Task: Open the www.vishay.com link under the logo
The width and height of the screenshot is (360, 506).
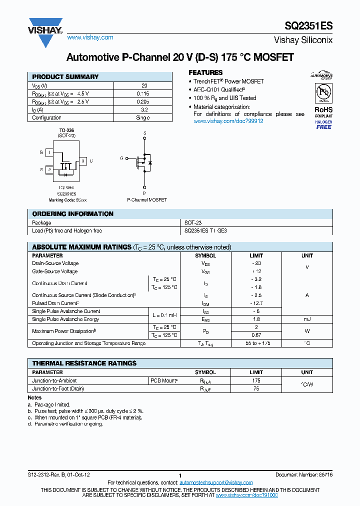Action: pyautogui.click(x=90, y=37)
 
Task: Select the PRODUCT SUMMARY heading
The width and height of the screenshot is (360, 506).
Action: pyautogui.click(x=65, y=77)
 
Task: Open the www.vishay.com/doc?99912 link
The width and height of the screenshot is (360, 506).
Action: pyautogui.click(x=228, y=121)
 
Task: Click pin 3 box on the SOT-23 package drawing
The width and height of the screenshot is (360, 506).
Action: pyautogui.click(x=83, y=161)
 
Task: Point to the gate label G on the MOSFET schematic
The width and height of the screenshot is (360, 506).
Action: pyautogui.click(x=121, y=158)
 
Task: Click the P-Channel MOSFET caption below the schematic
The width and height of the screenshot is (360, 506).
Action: pyautogui.click(x=147, y=199)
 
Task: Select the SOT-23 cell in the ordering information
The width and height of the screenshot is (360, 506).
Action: pyautogui.click(x=193, y=222)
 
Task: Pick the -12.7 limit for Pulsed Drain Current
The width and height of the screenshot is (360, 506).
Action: pyautogui.click(x=256, y=303)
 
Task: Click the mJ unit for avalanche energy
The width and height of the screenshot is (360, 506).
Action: pyautogui.click(x=307, y=319)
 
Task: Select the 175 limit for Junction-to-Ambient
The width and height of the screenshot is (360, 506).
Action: pyautogui.click(x=256, y=380)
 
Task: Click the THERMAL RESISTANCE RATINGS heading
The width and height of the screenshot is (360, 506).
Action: pyautogui.click(x=84, y=363)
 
